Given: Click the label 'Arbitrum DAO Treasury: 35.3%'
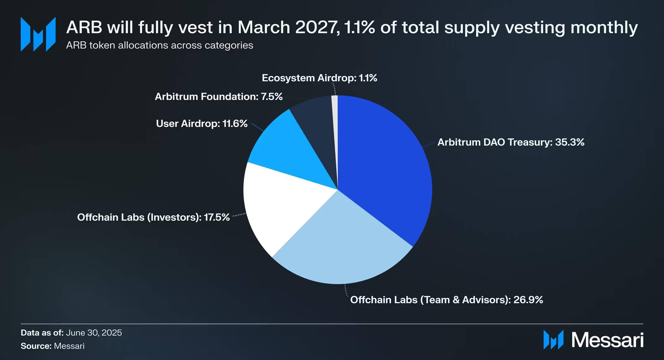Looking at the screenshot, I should pyautogui.click(x=511, y=142).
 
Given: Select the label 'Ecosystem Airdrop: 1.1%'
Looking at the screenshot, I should pyautogui.click(x=319, y=78).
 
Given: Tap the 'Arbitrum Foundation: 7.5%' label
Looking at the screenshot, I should pyautogui.click(x=219, y=97).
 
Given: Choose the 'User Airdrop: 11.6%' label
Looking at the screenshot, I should pyautogui.click(x=201, y=124).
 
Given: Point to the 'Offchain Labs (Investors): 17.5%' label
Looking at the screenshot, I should pyautogui.click(x=153, y=217).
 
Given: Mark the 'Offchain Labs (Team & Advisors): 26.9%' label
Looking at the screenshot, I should pyautogui.click(x=446, y=300).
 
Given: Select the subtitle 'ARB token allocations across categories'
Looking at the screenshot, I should pyautogui.click(x=159, y=45).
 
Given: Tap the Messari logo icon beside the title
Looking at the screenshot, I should pyautogui.click(x=38, y=34).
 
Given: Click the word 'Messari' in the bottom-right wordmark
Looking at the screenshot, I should pyautogui.click(x=607, y=340).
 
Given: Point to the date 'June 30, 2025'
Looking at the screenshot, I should pyautogui.click(x=94, y=333).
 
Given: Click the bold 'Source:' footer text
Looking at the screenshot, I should pyautogui.click(x=36, y=346).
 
